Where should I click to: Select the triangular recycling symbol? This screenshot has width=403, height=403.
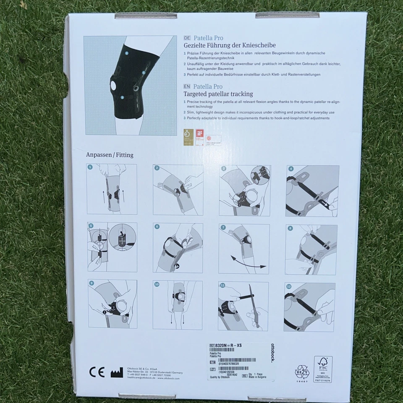click(301, 372)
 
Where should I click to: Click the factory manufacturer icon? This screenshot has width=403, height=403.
click(117, 372)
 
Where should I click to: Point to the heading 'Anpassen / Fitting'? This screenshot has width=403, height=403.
click(110, 155)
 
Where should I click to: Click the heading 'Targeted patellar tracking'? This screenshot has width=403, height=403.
click(218, 94)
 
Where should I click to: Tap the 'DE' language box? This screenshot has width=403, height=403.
click(187, 37)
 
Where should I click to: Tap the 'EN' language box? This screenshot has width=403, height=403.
click(187, 86)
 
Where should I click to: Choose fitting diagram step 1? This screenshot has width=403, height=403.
click(112, 189)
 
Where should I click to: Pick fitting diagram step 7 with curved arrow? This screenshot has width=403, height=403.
click(244, 249)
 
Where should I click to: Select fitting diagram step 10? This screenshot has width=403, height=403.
click(178, 305)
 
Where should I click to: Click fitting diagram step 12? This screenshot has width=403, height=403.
click(310, 307)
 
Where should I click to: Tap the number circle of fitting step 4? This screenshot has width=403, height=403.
click(291, 170)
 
